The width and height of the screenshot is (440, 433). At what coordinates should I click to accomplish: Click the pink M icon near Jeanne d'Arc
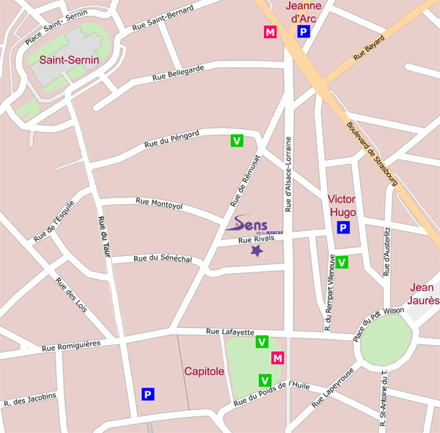(x=271, y=32)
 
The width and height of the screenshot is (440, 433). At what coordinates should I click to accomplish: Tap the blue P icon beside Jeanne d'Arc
(x=304, y=32)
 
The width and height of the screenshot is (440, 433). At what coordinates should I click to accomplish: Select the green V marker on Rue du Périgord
(x=237, y=140)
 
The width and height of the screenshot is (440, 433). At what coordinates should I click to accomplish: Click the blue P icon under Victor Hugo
(x=342, y=228)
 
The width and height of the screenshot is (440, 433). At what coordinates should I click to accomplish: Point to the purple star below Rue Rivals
(x=257, y=251)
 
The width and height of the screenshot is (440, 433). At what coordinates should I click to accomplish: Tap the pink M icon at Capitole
(x=277, y=358)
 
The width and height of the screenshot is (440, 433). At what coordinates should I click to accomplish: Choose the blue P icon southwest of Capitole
(x=148, y=394)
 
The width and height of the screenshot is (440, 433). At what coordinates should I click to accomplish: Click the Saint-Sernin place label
(x=70, y=60)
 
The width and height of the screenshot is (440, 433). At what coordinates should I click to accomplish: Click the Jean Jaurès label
(x=424, y=294)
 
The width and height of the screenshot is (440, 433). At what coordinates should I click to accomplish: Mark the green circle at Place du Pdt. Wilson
(x=385, y=343)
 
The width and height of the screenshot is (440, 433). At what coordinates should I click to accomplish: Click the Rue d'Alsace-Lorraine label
(x=288, y=175)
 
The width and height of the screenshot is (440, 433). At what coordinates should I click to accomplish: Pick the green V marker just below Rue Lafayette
(x=262, y=341)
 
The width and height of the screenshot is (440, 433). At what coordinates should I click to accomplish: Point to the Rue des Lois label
(x=71, y=297)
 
